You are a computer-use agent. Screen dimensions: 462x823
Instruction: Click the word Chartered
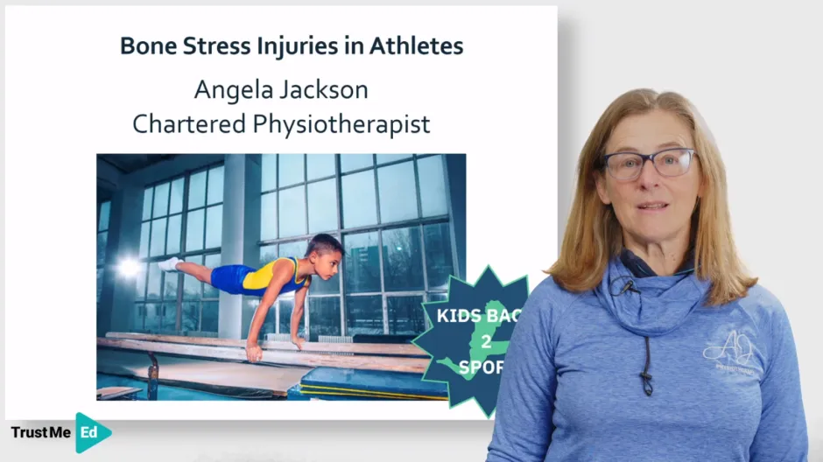(187, 124)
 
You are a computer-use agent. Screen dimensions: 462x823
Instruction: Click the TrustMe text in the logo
(40, 432)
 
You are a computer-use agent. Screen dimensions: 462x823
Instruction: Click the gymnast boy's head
(325, 246)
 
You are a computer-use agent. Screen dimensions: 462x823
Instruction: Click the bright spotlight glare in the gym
(129, 268)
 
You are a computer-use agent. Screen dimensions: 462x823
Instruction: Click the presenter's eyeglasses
(647, 164)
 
